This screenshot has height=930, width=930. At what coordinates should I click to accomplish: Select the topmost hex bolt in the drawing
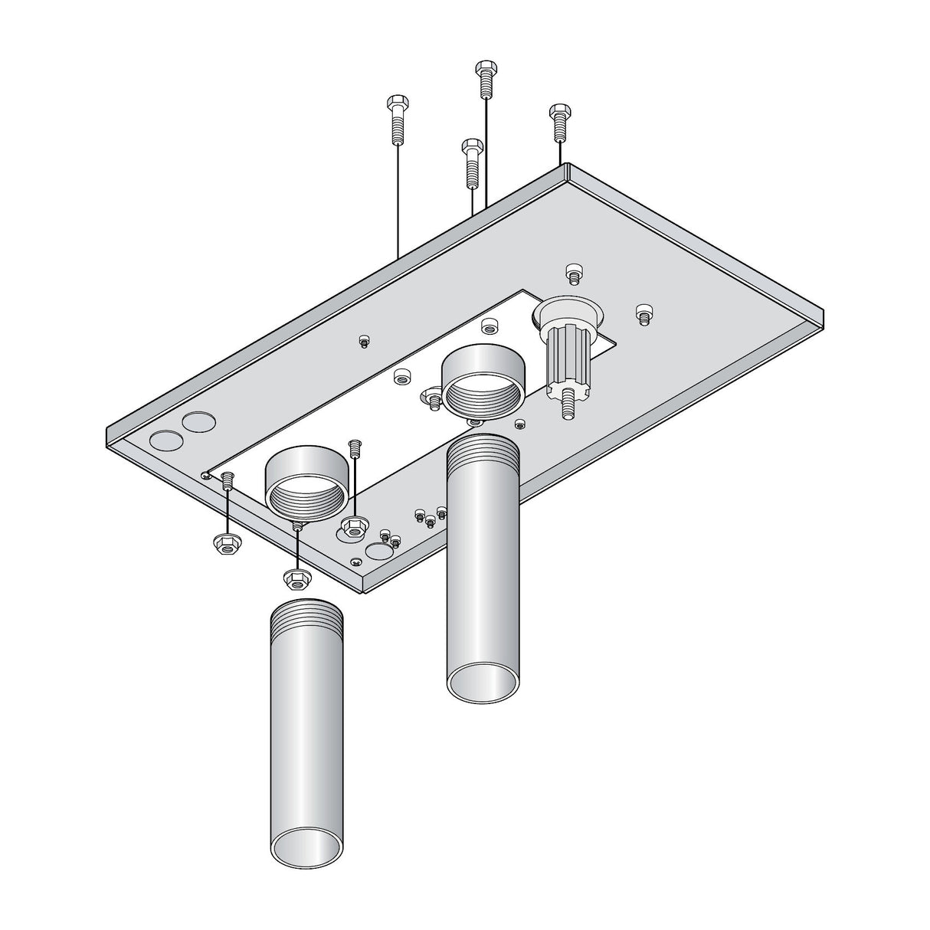point(484,79)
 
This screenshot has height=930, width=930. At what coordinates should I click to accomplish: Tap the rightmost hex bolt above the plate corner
point(558,122)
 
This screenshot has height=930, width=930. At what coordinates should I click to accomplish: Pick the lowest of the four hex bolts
point(472,162)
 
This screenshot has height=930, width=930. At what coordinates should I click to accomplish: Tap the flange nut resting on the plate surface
point(352,526)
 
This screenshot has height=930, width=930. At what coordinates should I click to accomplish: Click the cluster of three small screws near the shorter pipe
point(430,516)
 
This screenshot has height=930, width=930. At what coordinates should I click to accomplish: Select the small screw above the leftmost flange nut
point(227,481)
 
